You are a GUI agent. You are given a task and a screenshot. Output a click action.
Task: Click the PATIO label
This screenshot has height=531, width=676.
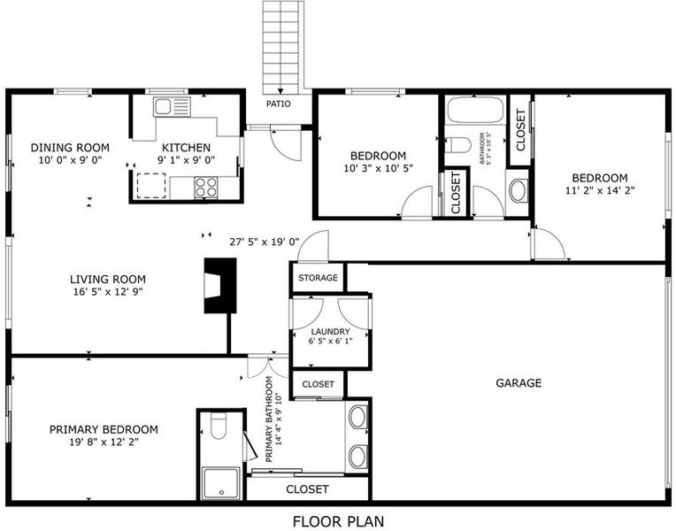pos(278,104)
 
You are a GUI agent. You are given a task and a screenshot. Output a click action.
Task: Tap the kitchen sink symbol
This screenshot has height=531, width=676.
pos(172,106)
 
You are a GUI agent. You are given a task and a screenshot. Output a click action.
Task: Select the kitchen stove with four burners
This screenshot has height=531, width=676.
pos(205,188)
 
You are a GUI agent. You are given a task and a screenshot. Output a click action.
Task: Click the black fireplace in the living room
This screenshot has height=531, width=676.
pos(219,286)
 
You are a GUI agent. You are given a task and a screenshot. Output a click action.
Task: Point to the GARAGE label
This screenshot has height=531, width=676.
pos(519,383)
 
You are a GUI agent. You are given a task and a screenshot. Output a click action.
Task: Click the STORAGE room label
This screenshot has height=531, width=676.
pos(318,278)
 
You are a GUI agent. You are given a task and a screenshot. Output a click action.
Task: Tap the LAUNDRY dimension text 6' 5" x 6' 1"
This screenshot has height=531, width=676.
pos(330,342)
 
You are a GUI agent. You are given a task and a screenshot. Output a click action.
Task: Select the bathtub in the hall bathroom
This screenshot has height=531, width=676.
pos(474,110)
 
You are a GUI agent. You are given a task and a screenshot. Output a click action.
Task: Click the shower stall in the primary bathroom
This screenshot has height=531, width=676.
pos(221,483)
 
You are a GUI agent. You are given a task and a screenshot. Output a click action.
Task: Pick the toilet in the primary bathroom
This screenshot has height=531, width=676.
pos(219,426)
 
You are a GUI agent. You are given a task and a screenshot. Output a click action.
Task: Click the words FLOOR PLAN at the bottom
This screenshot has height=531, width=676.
pos(338,521)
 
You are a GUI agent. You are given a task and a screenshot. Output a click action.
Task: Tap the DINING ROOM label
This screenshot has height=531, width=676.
pos(70,148)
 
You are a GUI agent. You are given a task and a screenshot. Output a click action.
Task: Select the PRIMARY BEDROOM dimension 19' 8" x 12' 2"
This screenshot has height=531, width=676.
pos(104,442)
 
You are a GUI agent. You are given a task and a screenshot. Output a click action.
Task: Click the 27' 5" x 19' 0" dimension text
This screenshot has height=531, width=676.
pos(265,242)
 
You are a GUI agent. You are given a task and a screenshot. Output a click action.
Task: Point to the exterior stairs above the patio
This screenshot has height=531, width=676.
pos(280,47)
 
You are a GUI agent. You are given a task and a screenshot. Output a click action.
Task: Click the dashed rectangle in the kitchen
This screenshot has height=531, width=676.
pos(151,186)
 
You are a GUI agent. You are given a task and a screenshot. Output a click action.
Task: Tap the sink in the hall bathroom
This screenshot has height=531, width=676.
pos(518,189)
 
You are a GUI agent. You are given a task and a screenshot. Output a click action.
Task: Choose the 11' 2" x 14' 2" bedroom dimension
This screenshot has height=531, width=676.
pos(600,190)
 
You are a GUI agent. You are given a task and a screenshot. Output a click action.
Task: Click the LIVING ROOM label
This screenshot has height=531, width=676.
pos(108,279)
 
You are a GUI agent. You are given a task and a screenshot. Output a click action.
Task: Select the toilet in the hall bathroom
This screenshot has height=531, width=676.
pos(457,145)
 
